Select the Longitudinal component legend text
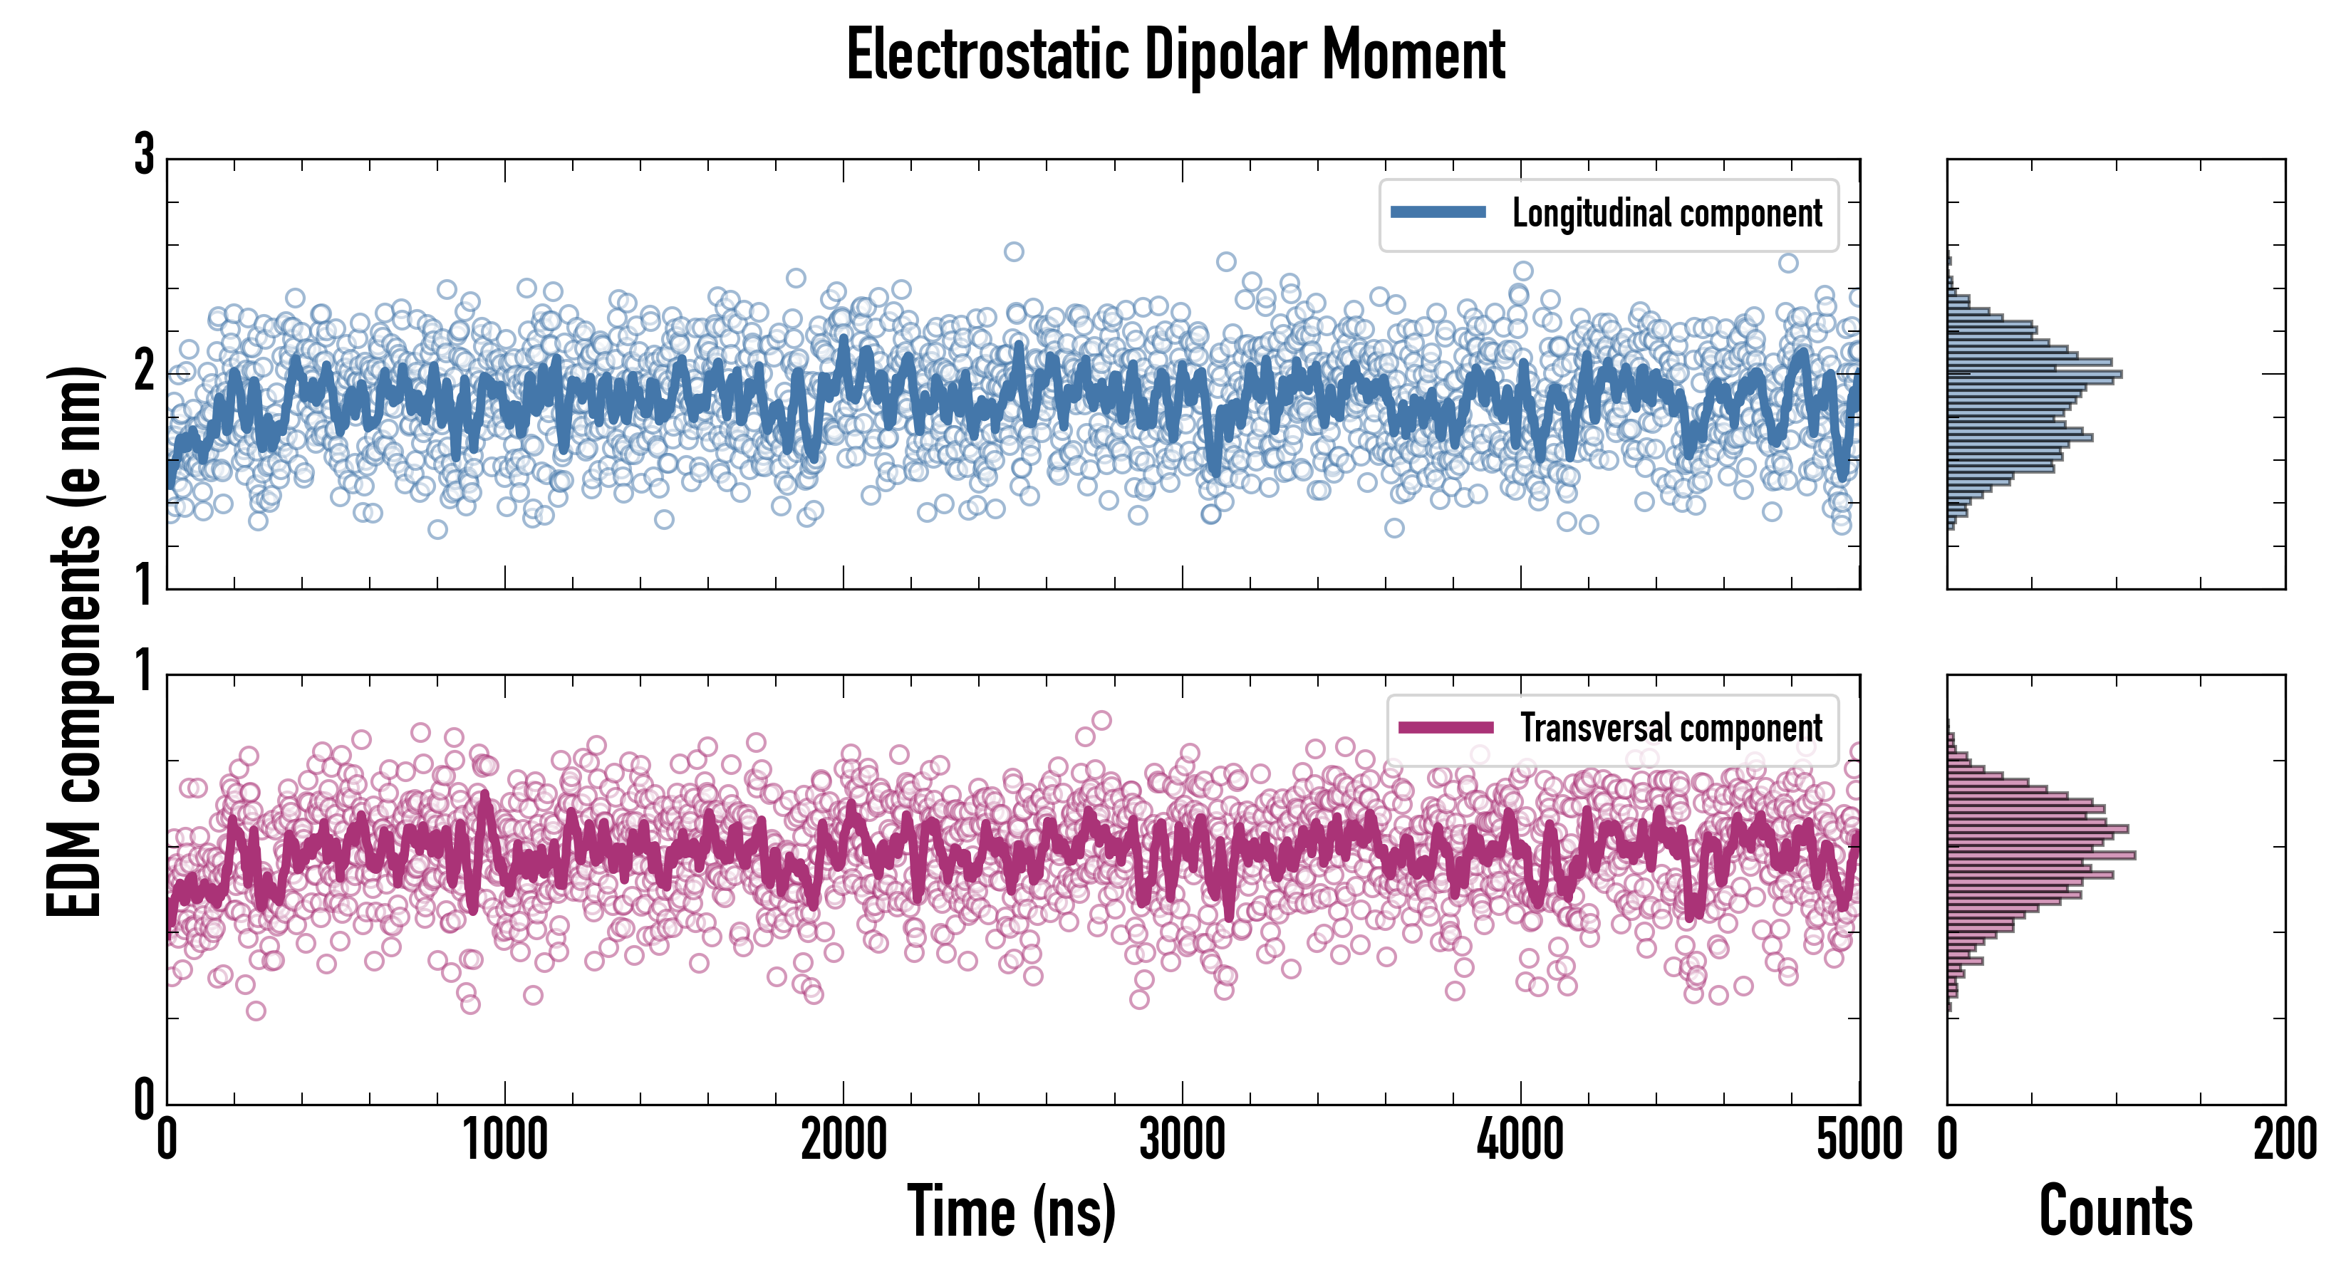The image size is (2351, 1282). pos(1666,214)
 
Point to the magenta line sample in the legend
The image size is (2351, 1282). pos(1446,728)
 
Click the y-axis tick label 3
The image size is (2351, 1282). pos(143,155)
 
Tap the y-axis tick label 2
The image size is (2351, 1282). pos(143,370)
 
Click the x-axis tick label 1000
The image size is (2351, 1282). pos(504,1140)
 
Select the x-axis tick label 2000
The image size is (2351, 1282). pos(844,1140)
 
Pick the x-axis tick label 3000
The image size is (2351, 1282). pos(1182,1140)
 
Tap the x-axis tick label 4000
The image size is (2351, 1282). pos(1520,1140)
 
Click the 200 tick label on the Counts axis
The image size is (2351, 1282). pos(2284,1140)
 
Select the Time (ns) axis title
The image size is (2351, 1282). pos(1011,1211)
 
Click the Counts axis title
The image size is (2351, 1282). pos(2115,1211)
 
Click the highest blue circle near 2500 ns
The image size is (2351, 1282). pos(1013,252)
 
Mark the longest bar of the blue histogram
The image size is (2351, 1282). pos(2033,374)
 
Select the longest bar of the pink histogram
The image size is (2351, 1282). pos(2040,855)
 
